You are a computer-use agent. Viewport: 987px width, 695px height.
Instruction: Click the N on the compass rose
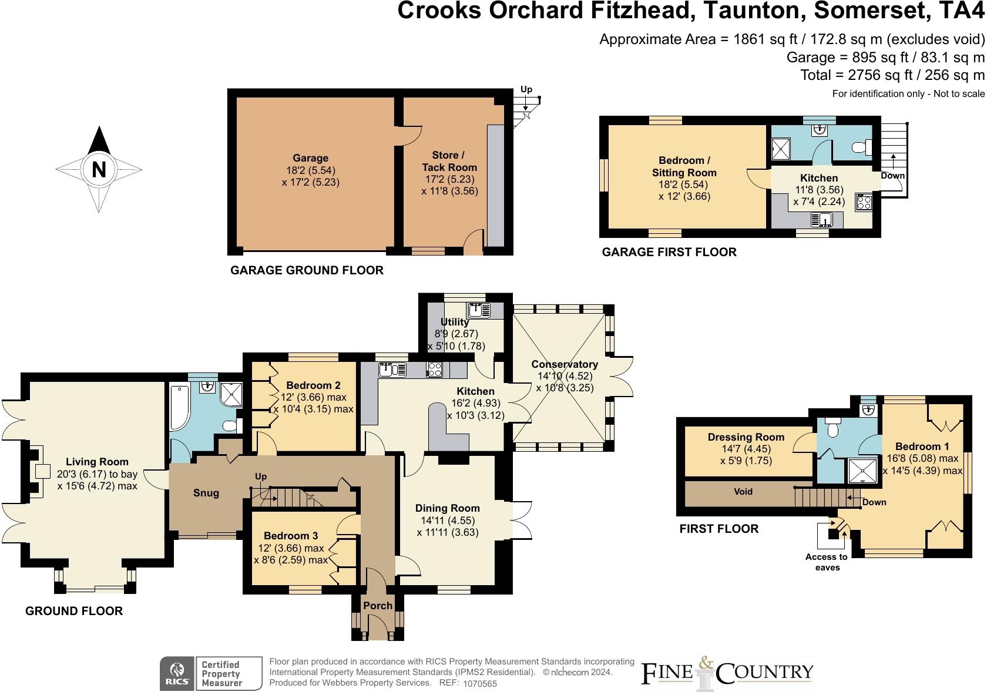click(x=99, y=170)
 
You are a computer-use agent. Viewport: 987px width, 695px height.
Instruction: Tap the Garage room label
click(x=310, y=158)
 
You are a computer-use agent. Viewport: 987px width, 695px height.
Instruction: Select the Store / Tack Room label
click(x=449, y=162)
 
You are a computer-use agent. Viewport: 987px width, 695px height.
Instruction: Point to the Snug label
click(x=206, y=493)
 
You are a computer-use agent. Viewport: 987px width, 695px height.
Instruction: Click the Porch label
click(x=378, y=606)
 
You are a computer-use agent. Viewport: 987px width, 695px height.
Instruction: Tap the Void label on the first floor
click(x=743, y=491)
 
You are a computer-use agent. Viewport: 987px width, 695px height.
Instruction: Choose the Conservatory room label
click(x=565, y=364)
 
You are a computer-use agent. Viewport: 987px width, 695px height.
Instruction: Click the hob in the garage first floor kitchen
click(x=864, y=202)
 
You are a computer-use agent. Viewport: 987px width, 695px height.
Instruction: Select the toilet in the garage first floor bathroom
click(x=861, y=147)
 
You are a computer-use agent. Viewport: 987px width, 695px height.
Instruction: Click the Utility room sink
click(x=479, y=310)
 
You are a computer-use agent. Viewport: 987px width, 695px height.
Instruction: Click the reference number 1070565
click(x=480, y=683)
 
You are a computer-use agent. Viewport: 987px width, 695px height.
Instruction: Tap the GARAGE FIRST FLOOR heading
click(x=669, y=252)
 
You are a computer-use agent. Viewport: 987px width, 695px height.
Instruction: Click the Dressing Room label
click(x=746, y=437)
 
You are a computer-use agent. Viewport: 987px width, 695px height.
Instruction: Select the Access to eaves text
click(x=827, y=562)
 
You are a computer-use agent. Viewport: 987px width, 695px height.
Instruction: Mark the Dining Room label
click(x=447, y=508)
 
